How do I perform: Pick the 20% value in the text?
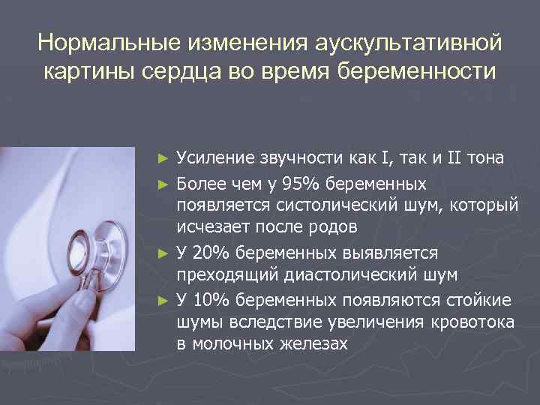[x=211, y=253]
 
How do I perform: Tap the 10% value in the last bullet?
[x=211, y=301]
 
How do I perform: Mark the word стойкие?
[x=478, y=301]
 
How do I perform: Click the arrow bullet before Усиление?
[x=164, y=158]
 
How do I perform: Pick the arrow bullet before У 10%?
[x=164, y=301]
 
